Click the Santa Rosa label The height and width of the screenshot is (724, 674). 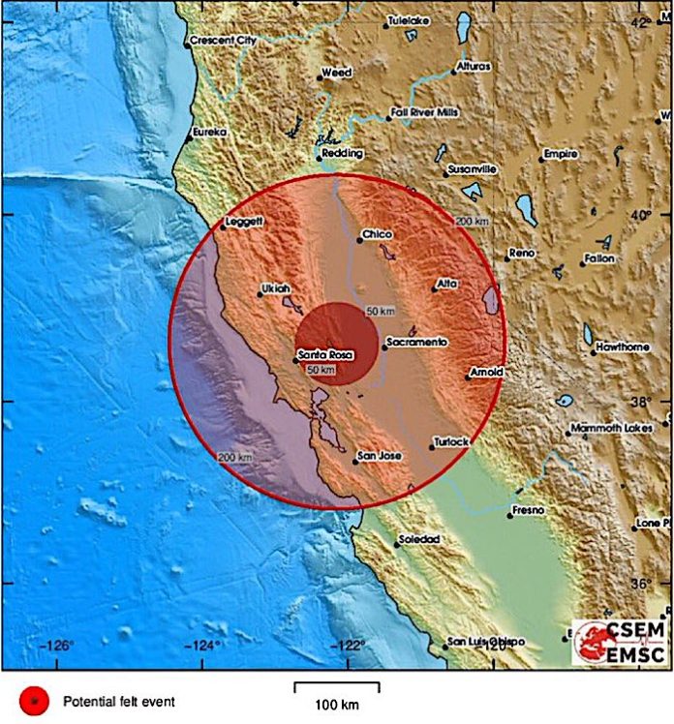pos(323,354)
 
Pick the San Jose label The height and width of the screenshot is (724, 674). pos(379,456)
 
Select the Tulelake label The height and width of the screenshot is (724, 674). pos(407,19)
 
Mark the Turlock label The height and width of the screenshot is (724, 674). pos(450,441)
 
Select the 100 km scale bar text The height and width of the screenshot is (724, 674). pos(336,702)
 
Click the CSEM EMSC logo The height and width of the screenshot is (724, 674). pos(620,641)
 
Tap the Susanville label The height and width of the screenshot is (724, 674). pos(474,170)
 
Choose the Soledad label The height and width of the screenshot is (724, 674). pos(419,539)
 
